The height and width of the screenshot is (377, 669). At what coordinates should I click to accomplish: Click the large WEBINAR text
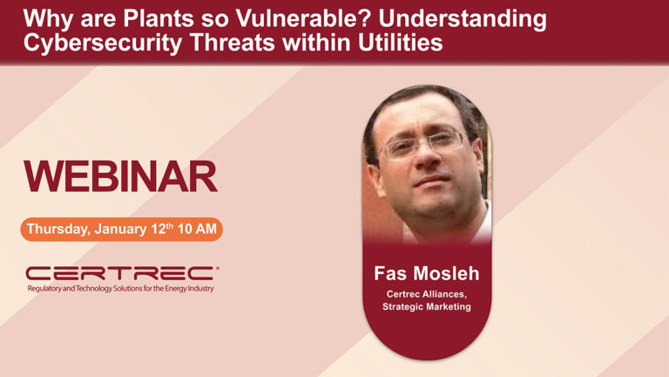click(x=120, y=176)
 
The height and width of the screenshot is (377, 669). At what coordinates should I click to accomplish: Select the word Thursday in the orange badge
click(x=58, y=230)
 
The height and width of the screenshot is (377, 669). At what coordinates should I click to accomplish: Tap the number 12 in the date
click(x=159, y=230)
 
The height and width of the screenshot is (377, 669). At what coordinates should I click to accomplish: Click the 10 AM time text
click(x=197, y=230)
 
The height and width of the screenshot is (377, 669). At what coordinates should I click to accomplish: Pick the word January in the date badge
click(x=121, y=230)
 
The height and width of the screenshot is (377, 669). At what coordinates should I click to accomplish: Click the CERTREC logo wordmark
click(x=122, y=273)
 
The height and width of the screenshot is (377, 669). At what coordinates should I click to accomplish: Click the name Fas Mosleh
click(x=427, y=273)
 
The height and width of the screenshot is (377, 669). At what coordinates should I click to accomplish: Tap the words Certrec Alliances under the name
click(x=427, y=294)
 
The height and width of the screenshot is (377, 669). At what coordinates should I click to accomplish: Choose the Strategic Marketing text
click(x=427, y=306)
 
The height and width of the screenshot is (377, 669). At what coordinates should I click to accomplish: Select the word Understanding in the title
click(x=463, y=19)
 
